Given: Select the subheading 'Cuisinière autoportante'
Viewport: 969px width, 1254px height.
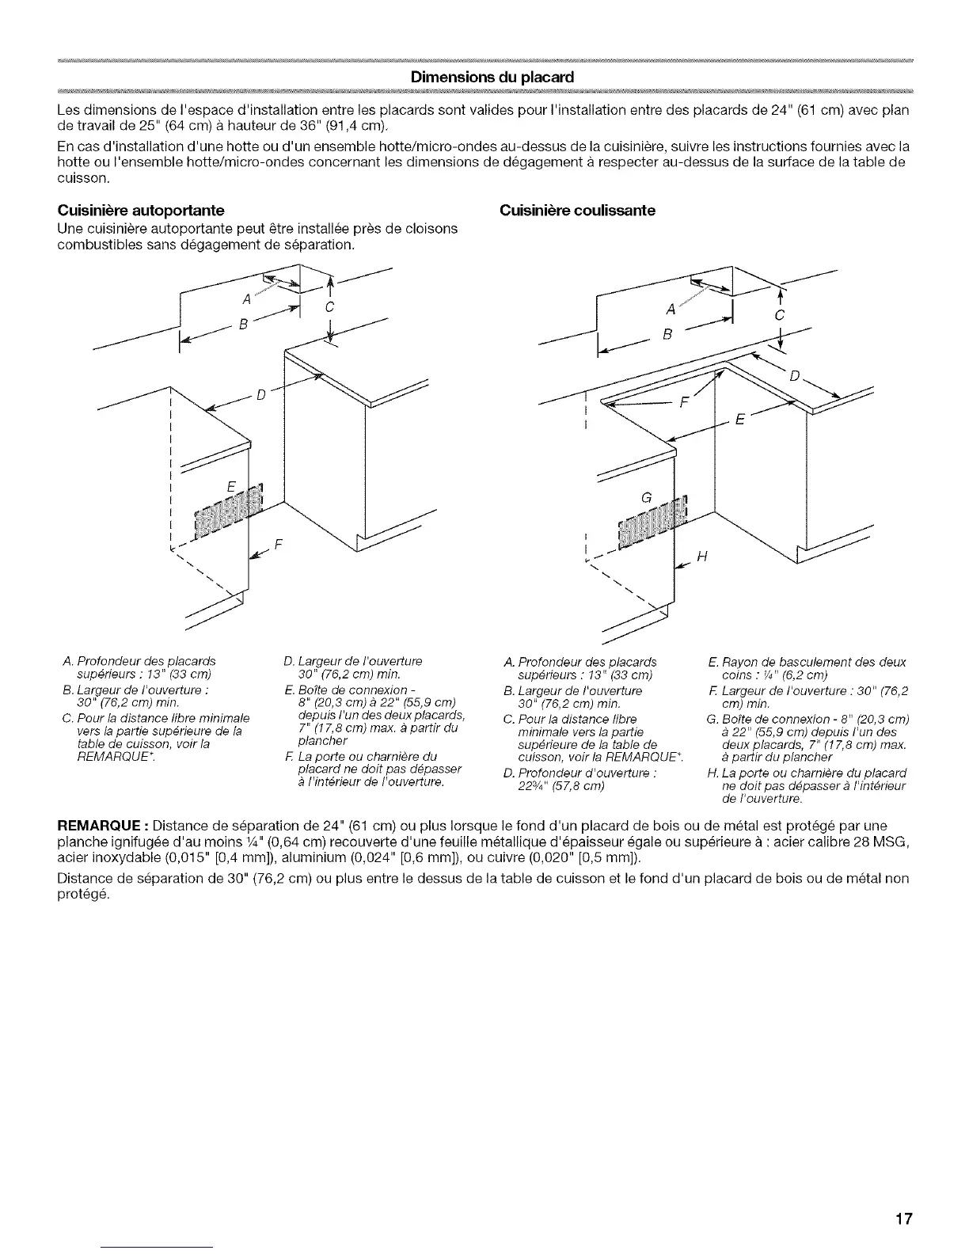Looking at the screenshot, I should [141, 211].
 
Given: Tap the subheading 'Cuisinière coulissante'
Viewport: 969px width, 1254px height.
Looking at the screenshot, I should [576, 211].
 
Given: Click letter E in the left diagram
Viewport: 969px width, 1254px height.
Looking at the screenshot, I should [230, 488].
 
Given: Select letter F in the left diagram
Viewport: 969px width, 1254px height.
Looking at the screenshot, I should [278, 545].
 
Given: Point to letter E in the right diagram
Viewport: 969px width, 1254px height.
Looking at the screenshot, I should [740, 420].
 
